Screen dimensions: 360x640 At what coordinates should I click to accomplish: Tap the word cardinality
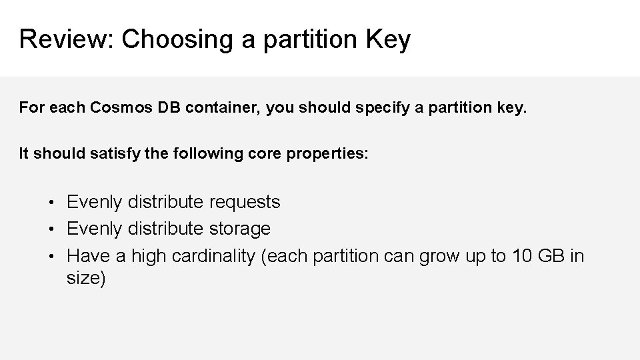pos(213,256)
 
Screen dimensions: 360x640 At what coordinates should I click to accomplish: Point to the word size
pos(85,279)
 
